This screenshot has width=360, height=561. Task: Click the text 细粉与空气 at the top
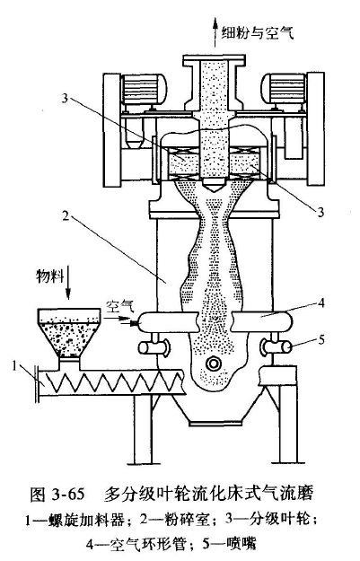(258, 33)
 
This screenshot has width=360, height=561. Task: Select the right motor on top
(284, 89)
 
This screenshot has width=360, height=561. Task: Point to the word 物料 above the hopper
(49, 276)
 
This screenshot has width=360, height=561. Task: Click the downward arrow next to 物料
(68, 282)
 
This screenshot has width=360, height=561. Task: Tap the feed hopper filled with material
(69, 332)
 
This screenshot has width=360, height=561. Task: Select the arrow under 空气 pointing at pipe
(120, 317)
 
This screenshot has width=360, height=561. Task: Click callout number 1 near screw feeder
(15, 366)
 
